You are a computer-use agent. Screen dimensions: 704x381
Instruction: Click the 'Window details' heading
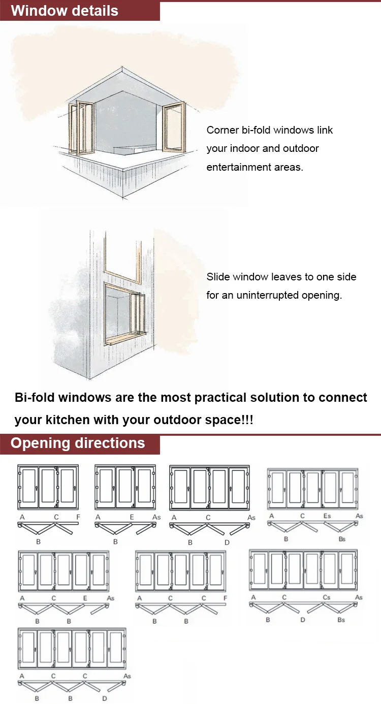click(65, 11)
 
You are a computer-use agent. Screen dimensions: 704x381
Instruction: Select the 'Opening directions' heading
click(78, 443)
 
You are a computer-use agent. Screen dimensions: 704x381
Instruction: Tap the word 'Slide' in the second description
click(218, 277)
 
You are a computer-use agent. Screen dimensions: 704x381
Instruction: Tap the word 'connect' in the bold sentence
click(343, 397)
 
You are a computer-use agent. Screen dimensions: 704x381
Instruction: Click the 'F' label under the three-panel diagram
click(78, 517)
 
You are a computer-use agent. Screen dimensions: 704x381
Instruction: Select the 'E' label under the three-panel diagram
click(132, 517)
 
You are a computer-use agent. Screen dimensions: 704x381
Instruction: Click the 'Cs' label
click(327, 597)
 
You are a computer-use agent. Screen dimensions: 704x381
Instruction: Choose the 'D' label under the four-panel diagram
click(227, 542)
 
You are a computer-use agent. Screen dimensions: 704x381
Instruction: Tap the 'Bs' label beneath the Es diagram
click(342, 538)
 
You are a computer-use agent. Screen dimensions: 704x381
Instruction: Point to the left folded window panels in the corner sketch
click(77, 130)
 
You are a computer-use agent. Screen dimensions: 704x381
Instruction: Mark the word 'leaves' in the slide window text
click(287, 277)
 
